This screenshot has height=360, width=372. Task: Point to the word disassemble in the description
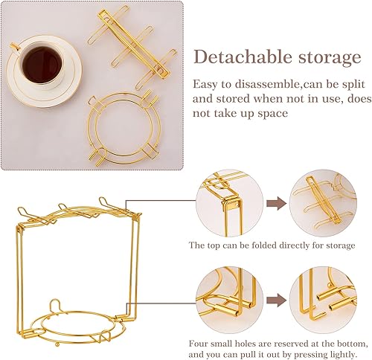tap(245, 84)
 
